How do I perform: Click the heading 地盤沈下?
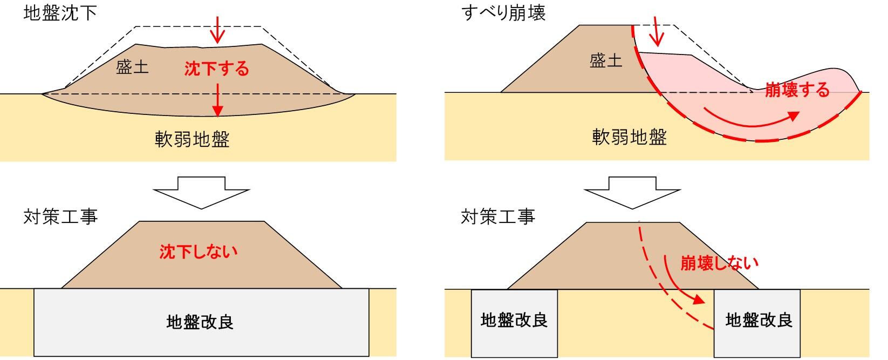[x=60, y=12]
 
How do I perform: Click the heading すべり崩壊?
[x=504, y=12]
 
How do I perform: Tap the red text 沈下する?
[x=217, y=69]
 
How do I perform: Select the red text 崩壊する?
[x=797, y=90]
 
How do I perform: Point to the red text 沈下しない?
[x=199, y=252]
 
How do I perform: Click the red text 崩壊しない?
[x=719, y=263]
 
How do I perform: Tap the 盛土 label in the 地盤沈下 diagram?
[x=132, y=67]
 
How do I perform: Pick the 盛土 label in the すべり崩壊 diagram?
[x=606, y=60]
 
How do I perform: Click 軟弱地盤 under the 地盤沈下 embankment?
[x=193, y=139]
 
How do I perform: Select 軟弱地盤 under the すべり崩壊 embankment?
[x=630, y=137]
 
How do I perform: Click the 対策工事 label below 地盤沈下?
[x=60, y=216]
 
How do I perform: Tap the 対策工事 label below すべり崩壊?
[x=498, y=216]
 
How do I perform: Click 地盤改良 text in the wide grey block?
[x=200, y=322]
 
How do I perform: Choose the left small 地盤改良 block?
[x=514, y=322]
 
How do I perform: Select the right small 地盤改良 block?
[x=759, y=322]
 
